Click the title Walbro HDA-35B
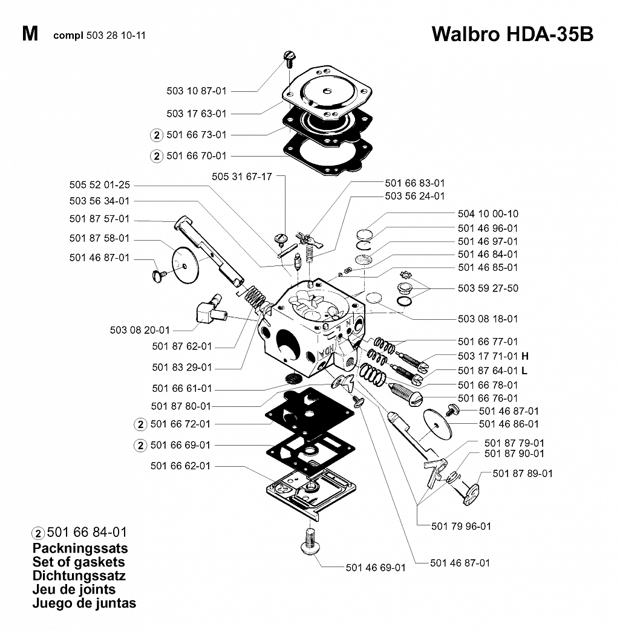tap(512, 34)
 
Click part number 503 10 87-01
tap(197, 91)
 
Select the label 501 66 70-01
tap(197, 155)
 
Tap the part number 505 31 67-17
tap(241, 177)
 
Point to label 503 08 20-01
tap(140, 330)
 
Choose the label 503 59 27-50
tap(488, 288)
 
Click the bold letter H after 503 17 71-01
tap(524, 356)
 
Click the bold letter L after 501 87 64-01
tap(524, 371)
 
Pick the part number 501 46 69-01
tap(376, 568)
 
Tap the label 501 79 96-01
tap(461, 527)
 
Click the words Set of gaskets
tap(79, 562)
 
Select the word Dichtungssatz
tap(79, 576)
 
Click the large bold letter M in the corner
tap(30, 34)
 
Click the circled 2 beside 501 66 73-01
tap(157, 135)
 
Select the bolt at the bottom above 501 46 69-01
tap(310, 542)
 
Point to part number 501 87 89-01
tap(523, 473)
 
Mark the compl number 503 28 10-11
tap(116, 35)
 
